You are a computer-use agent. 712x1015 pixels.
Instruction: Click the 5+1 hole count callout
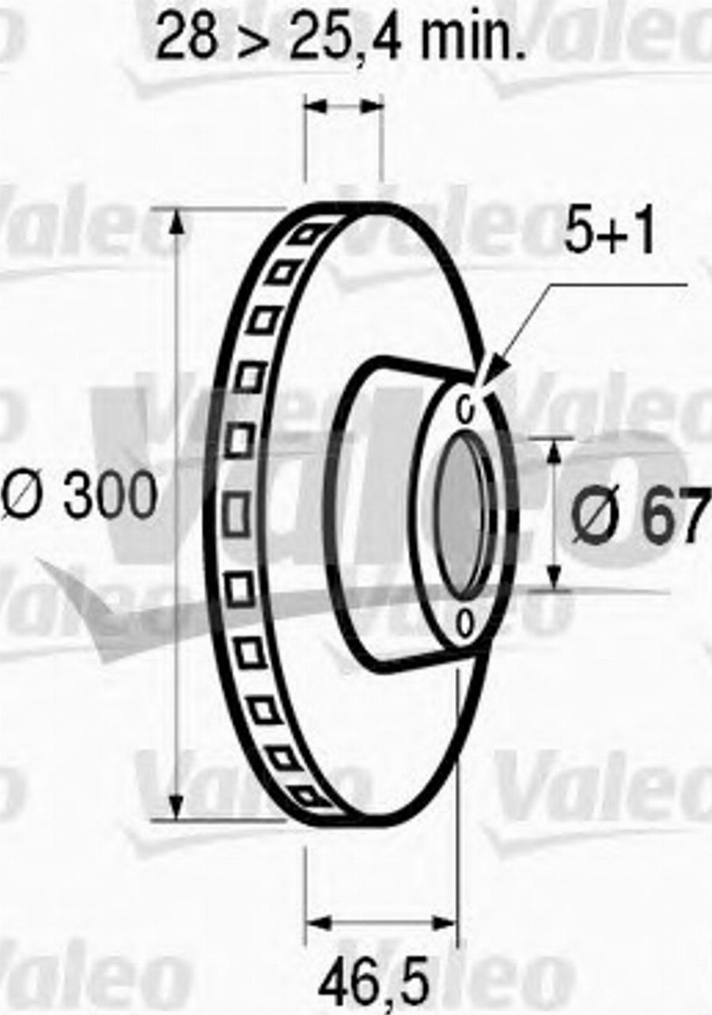point(609,234)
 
